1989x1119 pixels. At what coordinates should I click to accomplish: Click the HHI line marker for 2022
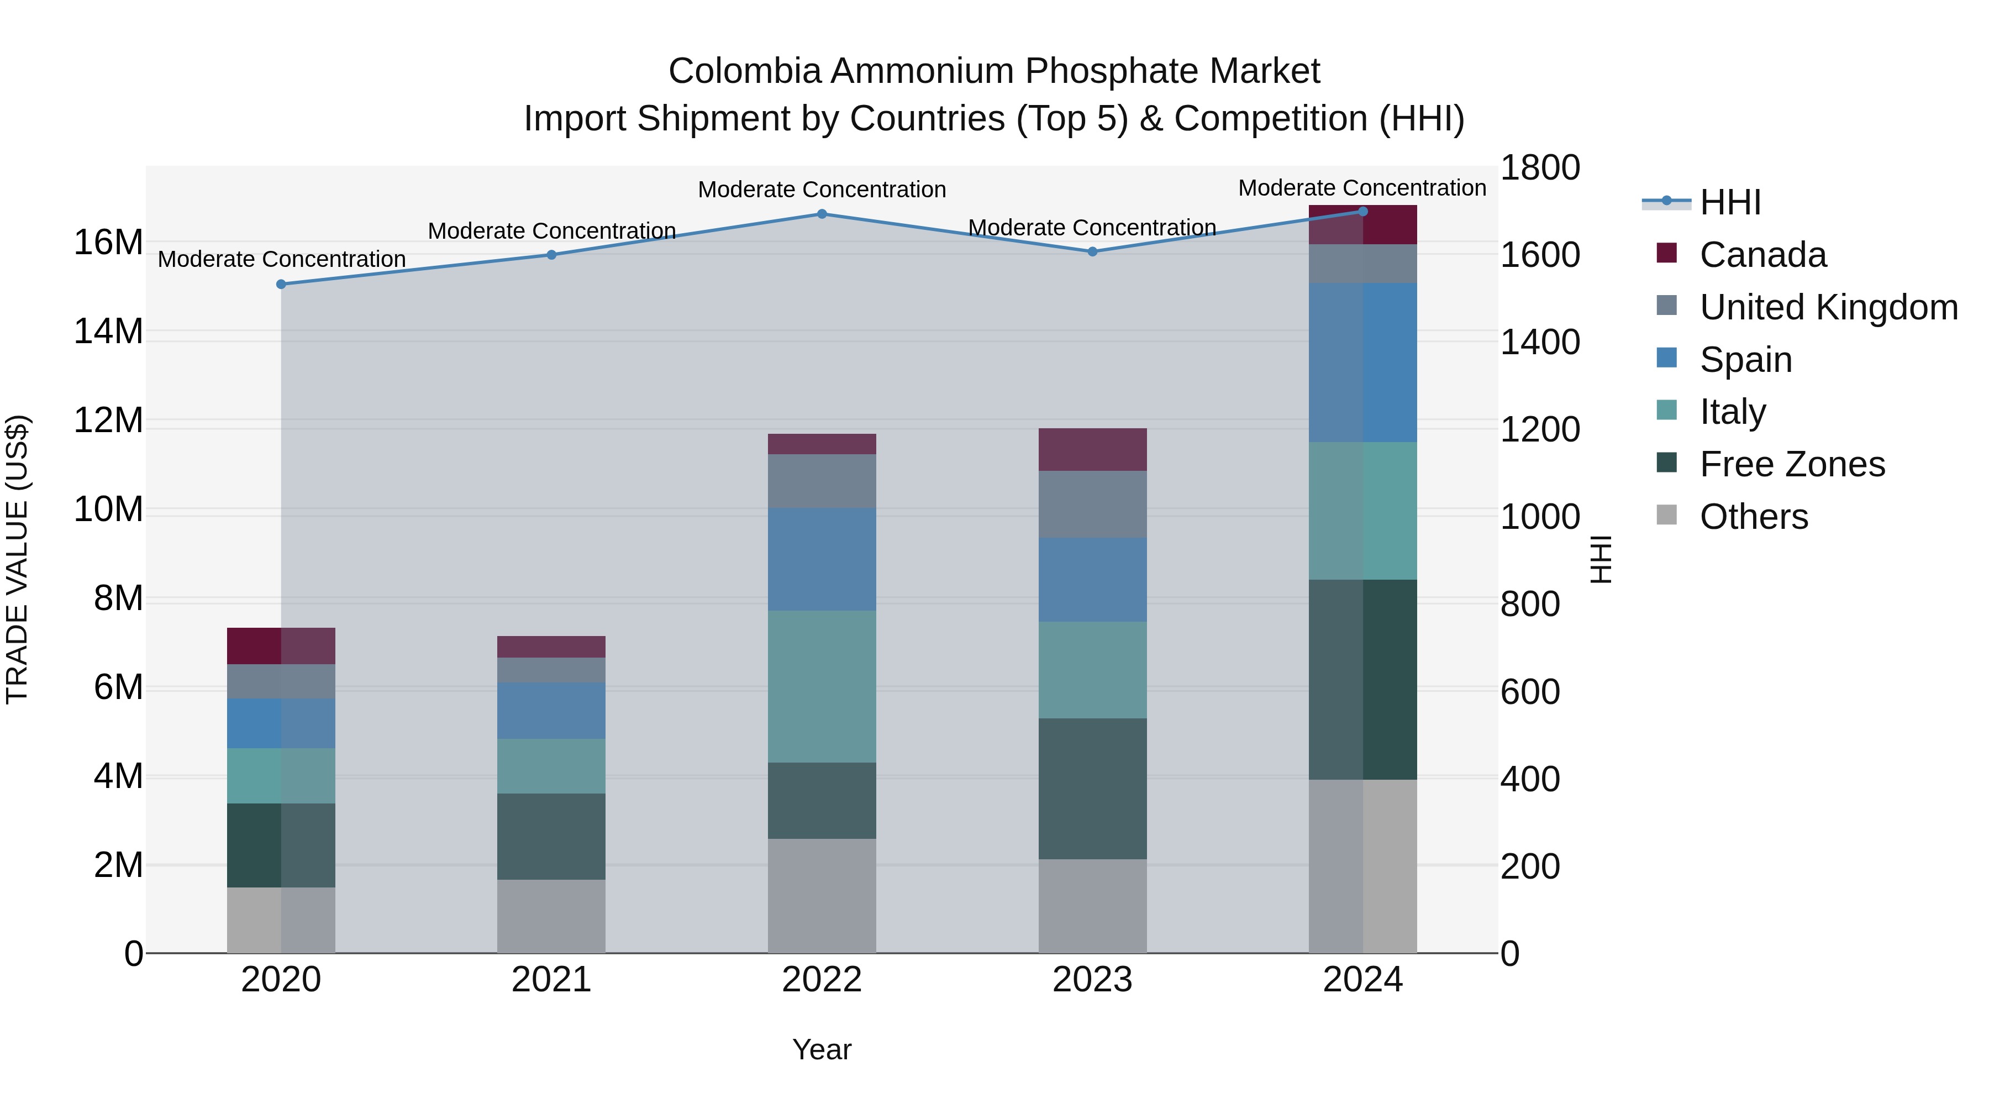point(822,214)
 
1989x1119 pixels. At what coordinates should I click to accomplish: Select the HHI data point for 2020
point(281,284)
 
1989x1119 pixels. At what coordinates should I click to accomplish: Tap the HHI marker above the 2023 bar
point(1092,252)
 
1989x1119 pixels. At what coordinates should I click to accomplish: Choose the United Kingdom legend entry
point(1828,307)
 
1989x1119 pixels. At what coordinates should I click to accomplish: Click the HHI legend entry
point(1729,202)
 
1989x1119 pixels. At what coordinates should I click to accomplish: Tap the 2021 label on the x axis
point(551,980)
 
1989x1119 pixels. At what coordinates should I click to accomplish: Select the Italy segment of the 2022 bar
point(822,686)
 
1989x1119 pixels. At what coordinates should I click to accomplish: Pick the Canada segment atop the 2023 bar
point(1092,449)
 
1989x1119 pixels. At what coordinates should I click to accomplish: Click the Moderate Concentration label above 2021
point(551,231)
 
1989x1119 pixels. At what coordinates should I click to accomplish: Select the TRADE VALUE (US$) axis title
point(18,559)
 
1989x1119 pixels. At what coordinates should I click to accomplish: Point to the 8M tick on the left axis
point(118,598)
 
